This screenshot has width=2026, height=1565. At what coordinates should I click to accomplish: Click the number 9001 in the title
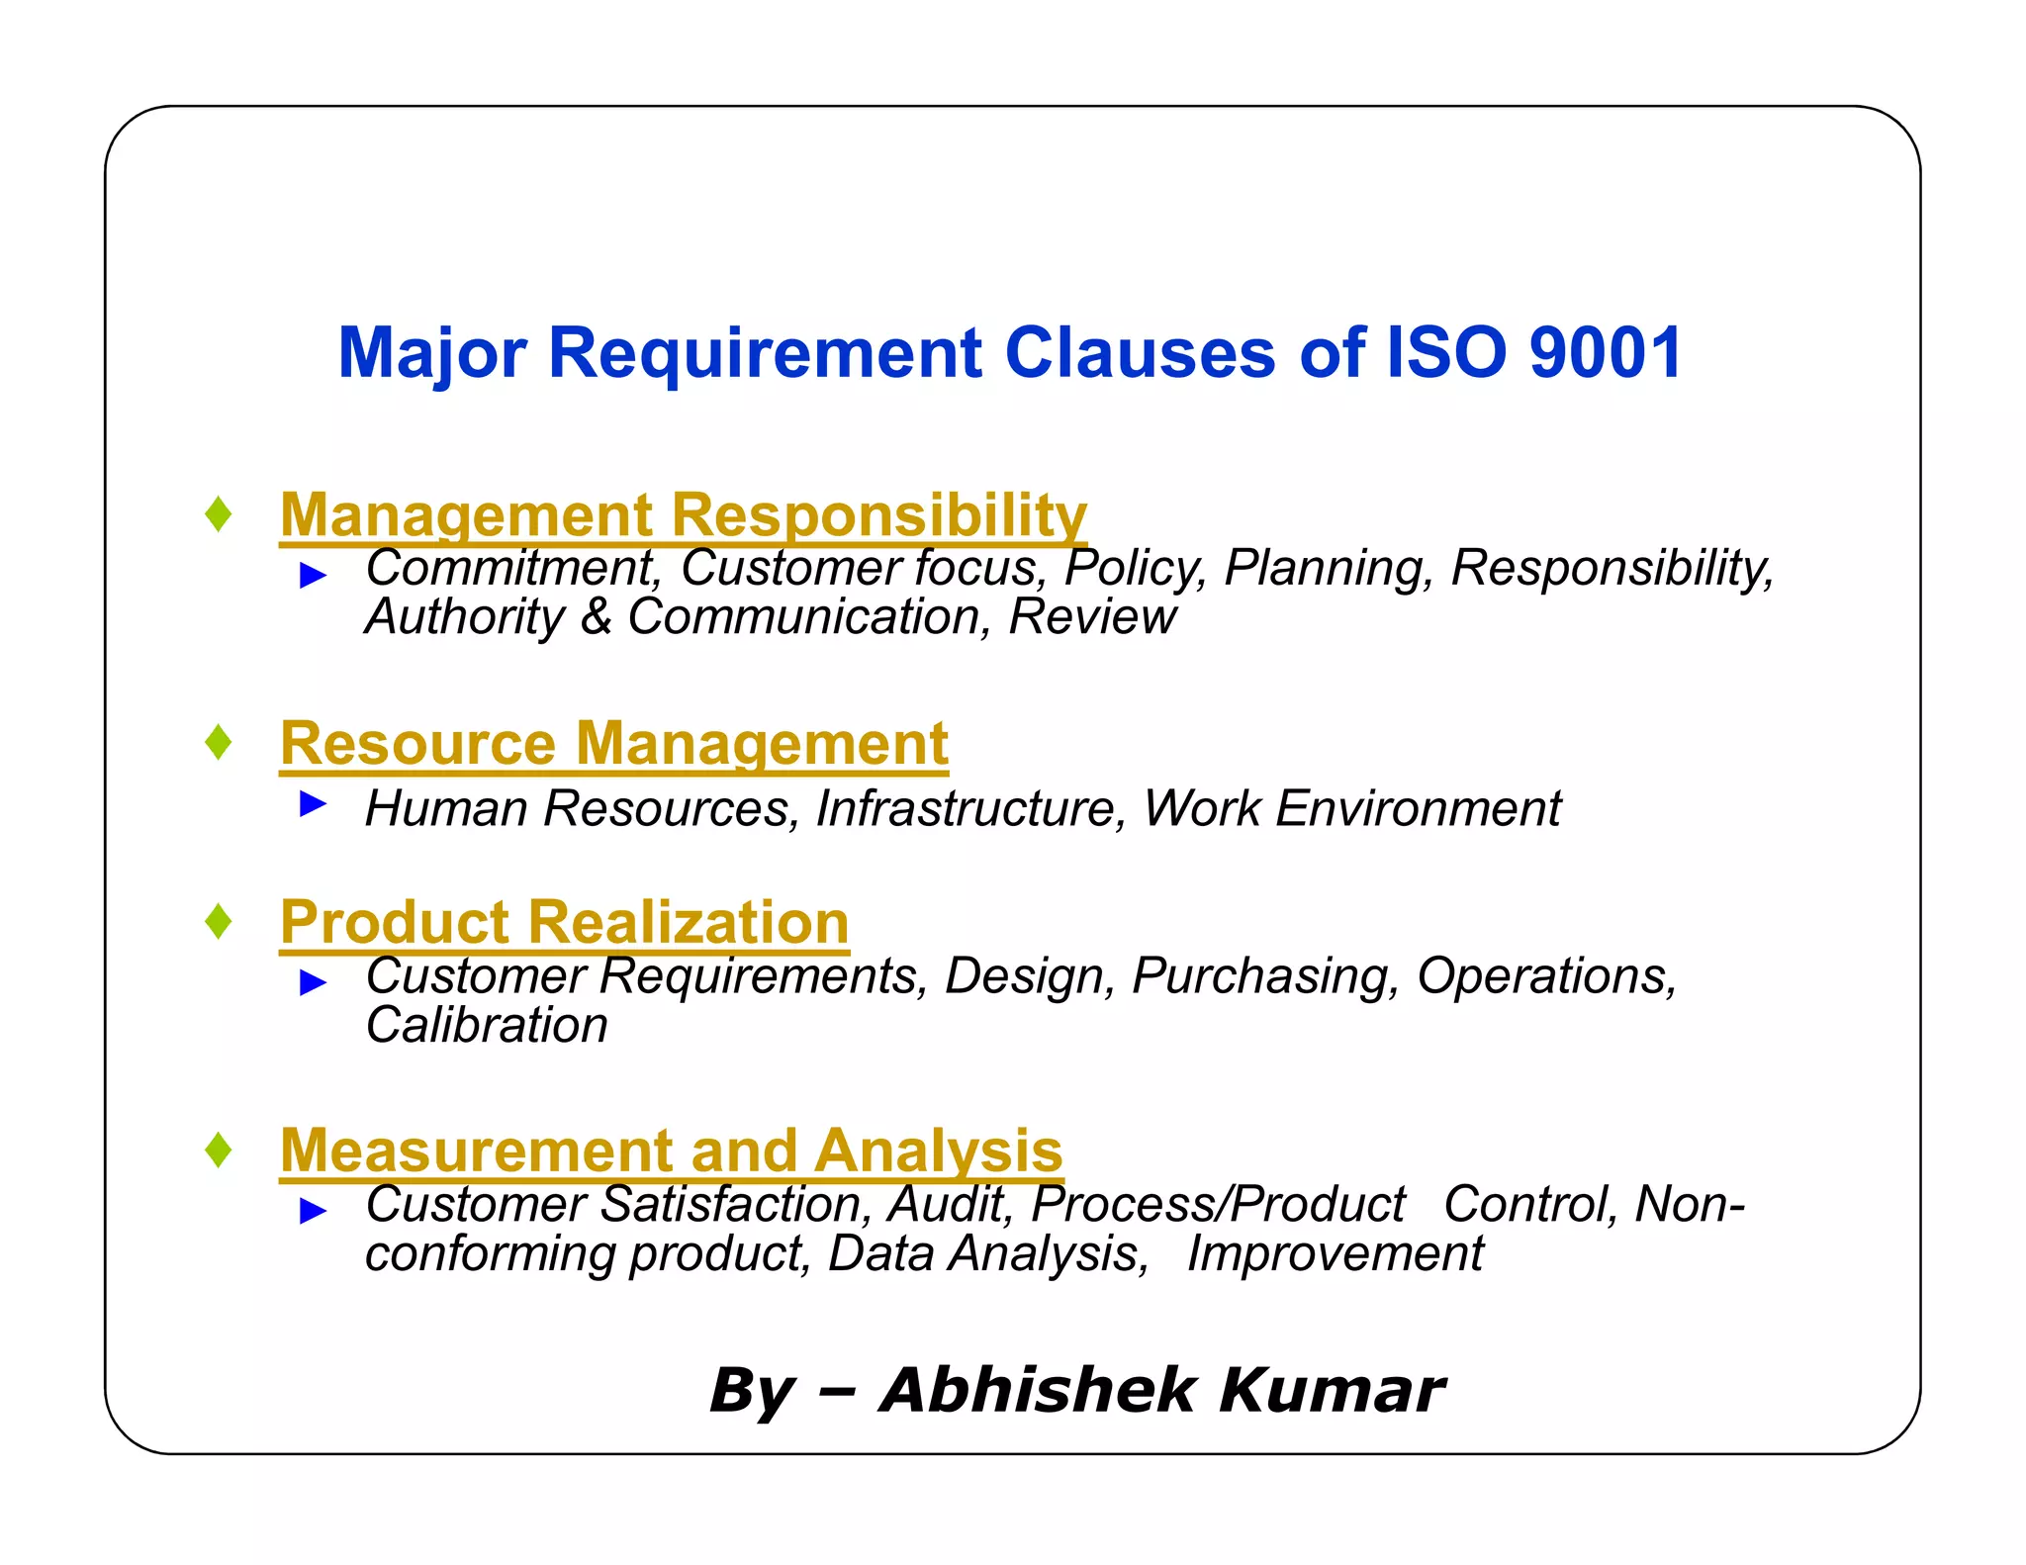coord(1605,353)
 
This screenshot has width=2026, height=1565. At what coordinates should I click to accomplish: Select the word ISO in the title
coord(1446,353)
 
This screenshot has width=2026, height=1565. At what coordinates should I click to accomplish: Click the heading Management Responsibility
coord(684,515)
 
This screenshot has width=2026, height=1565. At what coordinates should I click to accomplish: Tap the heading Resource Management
coord(614,743)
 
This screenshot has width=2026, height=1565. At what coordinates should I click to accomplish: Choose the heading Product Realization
coord(564,922)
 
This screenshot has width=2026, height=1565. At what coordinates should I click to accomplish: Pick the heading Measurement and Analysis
coord(672,1151)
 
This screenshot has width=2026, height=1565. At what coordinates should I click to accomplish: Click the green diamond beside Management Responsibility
coord(219,513)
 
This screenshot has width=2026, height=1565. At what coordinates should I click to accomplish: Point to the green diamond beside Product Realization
coord(219,921)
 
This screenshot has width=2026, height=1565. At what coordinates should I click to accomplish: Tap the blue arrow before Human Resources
coord(313,803)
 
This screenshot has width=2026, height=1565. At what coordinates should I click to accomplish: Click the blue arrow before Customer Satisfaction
coord(313,1209)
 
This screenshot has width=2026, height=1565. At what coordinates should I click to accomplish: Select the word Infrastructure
coord(970,808)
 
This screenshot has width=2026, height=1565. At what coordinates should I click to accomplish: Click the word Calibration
coord(487,1025)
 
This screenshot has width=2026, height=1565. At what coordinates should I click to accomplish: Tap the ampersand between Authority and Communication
coord(597,617)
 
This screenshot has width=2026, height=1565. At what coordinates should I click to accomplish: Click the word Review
coord(1092,617)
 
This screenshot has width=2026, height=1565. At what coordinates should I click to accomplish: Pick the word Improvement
coord(1335,1254)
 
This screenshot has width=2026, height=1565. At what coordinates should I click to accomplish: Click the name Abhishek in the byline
coord(1038,1390)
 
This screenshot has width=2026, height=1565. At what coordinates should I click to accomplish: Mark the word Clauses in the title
coord(1140,353)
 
